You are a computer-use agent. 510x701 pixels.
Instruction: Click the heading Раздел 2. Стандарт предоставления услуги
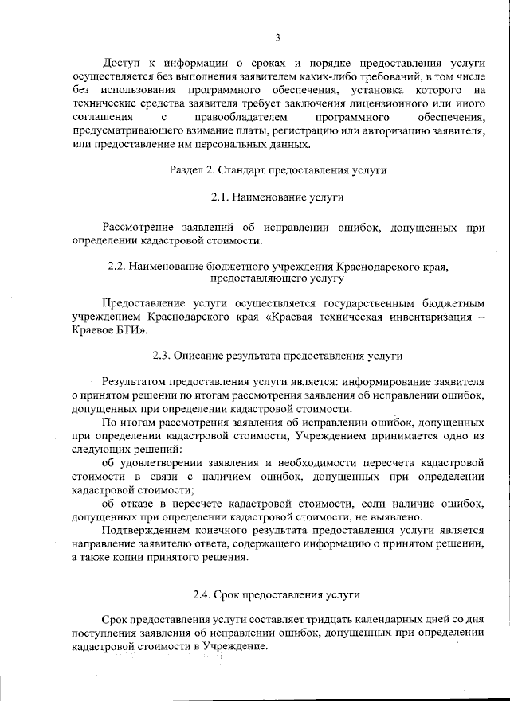(x=277, y=170)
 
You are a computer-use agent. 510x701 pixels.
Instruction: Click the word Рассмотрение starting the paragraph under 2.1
(x=140, y=227)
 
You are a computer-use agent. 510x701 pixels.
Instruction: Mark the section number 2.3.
(x=162, y=356)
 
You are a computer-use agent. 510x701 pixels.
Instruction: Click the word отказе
(x=138, y=503)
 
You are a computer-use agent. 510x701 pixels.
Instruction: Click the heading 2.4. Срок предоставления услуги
(x=277, y=594)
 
